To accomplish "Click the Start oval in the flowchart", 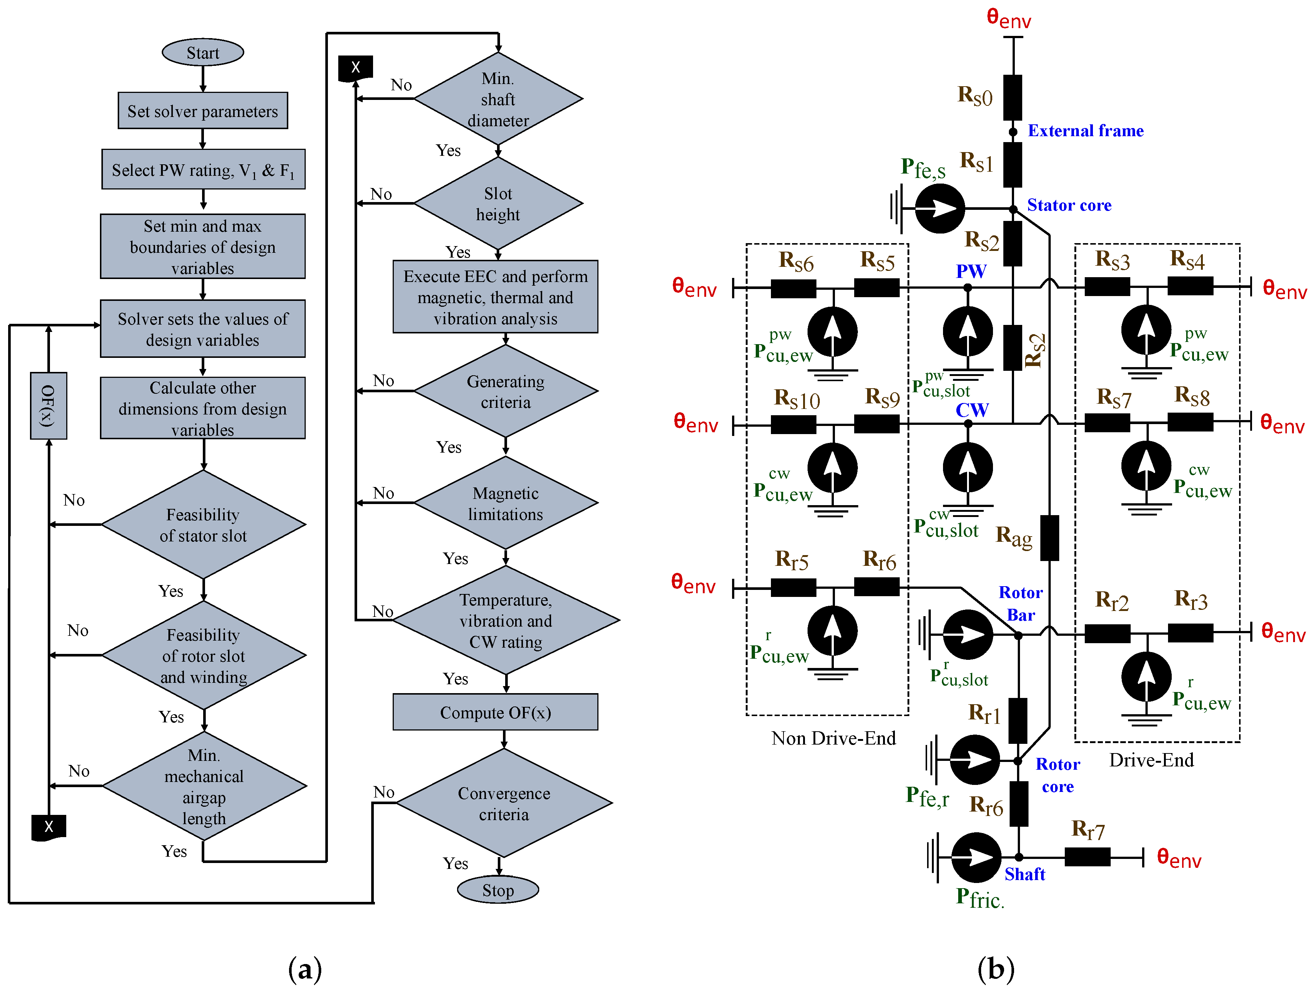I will click(203, 53).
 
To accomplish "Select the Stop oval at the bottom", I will click(498, 890).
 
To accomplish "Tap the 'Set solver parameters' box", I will click(203, 111).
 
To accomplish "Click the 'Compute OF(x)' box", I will click(495, 712).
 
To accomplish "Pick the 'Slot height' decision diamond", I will click(498, 204).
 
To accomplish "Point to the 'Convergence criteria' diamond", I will click(504, 804).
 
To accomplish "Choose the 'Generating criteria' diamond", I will click(505, 392).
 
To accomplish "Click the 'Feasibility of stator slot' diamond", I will click(203, 525).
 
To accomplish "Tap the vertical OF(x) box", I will click(48, 406).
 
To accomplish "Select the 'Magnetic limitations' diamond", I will click(505, 504).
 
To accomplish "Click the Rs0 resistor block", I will click(1013, 98).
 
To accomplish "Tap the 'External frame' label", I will click(1085, 131).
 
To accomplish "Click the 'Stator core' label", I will click(1069, 205).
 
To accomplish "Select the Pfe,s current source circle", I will click(940, 208).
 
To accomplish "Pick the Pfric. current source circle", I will click(976, 857).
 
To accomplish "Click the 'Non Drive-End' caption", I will click(833, 738).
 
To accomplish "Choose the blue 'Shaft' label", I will click(1024, 874).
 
